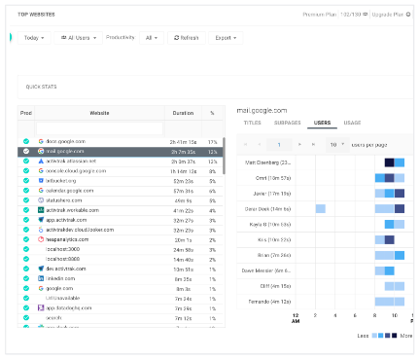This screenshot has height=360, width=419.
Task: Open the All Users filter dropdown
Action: pos(79,37)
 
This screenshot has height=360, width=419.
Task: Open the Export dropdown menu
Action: pos(225,37)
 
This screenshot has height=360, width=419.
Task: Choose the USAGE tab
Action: pos(352,124)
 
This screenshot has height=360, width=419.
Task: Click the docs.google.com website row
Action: pos(66,141)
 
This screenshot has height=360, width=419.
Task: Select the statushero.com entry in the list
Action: pos(63,199)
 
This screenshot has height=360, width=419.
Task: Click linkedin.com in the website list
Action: pos(61,278)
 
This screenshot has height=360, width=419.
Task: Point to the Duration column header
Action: pos(183,112)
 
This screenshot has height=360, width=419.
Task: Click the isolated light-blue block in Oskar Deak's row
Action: pos(320,208)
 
